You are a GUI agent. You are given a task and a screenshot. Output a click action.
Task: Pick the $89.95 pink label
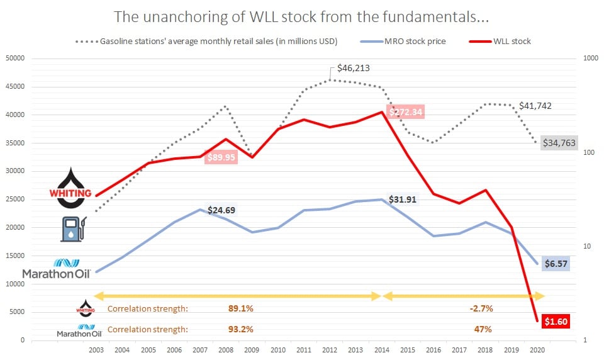pyautogui.click(x=222, y=157)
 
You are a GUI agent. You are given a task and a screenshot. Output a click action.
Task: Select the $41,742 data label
pyautogui.click(x=535, y=106)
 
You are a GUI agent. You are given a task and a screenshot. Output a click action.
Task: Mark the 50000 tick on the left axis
pyautogui.click(x=14, y=59)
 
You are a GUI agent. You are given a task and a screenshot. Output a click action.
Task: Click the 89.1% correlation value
pyautogui.click(x=240, y=309)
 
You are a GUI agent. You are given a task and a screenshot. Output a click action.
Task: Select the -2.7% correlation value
pyautogui.click(x=481, y=309)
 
